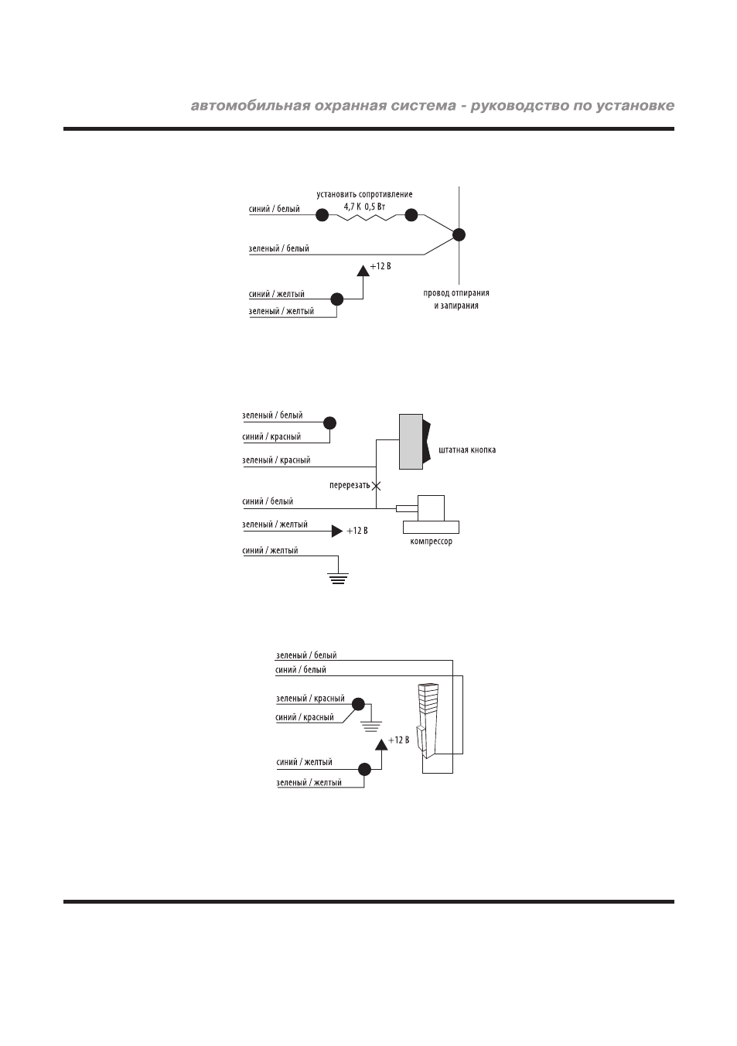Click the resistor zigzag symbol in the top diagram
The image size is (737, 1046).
click(367, 217)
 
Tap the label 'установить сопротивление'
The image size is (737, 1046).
click(364, 194)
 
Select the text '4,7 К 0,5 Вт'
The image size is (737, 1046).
click(364, 207)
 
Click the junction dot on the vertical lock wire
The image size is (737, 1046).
click(459, 235)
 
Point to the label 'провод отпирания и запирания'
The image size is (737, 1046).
click(456, 299)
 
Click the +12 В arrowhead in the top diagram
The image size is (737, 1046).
click(363, 270)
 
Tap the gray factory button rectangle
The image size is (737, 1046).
click(411, 441)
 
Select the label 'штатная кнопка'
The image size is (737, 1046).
click(467, 450)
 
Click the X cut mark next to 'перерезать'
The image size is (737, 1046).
click(376, 486)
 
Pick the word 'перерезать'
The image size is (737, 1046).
click(350, 486)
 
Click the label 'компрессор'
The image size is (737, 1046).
click(432, 542)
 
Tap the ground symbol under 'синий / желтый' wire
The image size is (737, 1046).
click(338, 579)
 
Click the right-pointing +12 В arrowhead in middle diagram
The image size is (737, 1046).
click(337, 531)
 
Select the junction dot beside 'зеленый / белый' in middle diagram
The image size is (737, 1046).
click(329, 423)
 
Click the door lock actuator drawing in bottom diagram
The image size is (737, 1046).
click(428, 724)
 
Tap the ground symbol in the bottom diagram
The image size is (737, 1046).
click(371, 726)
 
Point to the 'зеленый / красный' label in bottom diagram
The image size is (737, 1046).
click(310, 699)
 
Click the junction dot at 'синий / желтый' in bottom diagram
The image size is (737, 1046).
click(364, 769)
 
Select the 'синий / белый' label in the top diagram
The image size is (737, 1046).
click(275, 209)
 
